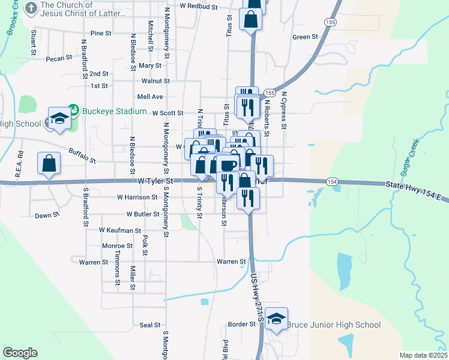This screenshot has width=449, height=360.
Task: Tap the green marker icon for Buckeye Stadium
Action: tap(74, 110)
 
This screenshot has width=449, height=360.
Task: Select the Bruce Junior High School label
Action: tap(333, 325)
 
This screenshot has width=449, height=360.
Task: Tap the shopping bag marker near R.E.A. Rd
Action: tap(49, 163)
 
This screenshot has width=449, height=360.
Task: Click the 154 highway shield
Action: tap(332, 181)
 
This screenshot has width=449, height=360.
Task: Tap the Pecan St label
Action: tap(58, 59)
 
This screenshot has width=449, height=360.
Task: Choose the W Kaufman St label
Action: tap(119, 230)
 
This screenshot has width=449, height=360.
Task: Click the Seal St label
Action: tap(149, 325)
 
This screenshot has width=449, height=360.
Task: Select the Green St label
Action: tap(305, 37)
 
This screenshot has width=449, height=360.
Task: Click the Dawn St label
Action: tap(47, 215)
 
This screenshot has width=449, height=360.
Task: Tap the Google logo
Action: tap(20, 353)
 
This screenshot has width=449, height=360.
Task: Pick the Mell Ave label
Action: tap(150, 96)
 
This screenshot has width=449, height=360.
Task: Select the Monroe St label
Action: tap(117, 245)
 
